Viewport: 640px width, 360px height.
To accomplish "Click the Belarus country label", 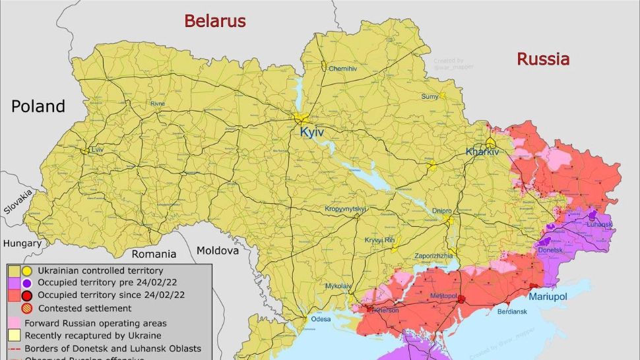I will (214, 21).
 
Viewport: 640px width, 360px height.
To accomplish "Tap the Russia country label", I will (542, 59).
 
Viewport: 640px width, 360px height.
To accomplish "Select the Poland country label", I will (38, 106).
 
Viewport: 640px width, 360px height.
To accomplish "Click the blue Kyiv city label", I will (312, 133).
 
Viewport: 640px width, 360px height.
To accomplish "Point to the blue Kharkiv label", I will (483, 152).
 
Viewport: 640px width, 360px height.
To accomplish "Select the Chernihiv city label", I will (342, 69).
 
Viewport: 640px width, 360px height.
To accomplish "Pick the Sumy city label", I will (430, 97).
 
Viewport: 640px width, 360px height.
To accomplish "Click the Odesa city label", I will (321, 319).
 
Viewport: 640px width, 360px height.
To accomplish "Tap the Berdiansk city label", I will (512, 311).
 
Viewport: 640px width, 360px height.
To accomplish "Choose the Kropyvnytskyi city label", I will (345, 209).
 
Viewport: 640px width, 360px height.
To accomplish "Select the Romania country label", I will (154, 254).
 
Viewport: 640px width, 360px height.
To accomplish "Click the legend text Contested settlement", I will (84, 308).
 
